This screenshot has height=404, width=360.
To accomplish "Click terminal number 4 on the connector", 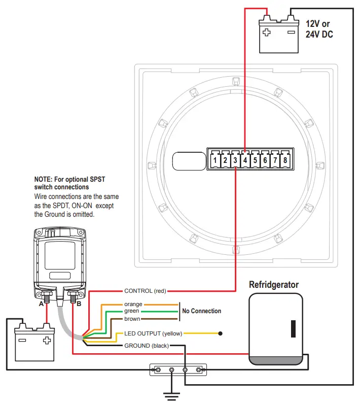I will click(x=245, y=160).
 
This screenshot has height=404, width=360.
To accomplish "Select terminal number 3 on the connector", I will click(x=235, y=160).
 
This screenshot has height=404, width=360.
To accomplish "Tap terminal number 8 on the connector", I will click(x=285, y=160).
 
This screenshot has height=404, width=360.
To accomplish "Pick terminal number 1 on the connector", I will click(x=215, y=160).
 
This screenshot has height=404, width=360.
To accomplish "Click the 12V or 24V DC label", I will click(x=319, y=29).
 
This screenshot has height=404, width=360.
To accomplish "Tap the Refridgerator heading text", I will click(x=274, y=285).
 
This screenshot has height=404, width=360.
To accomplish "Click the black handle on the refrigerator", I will click(x=293, y=328).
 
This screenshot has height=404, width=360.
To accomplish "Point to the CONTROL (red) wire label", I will click(x=145, y=291).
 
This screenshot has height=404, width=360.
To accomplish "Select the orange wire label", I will click(x=133, y=304).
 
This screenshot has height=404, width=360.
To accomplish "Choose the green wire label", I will click(x=131, y=311).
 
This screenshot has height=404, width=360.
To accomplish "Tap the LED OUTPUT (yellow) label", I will click(x=153, y=333).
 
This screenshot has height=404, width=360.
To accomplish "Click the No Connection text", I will click(x=201, y=311).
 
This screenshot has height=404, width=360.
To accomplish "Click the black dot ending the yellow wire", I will click(x=220, y=333).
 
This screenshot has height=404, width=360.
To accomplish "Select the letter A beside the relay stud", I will click(x=41, y=304).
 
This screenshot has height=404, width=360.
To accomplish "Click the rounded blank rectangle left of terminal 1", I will click(x=187, y=161).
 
